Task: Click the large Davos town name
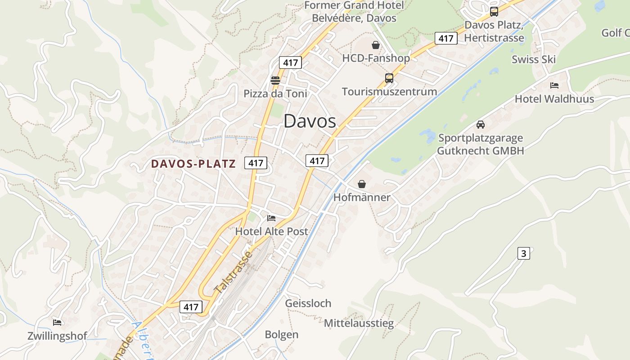pyautogui.click(x=310, y=121)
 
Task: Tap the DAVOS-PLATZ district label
pyautogui.click(x=193, y=164)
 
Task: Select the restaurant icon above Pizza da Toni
pyautogui.click(x=275, y=81)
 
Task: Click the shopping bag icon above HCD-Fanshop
pyautogui.click(x=376, y=45)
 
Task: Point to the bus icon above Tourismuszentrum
pyautogui.click(x=389, y=78)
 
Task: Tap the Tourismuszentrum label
pyautogui.click(x=389, y=92)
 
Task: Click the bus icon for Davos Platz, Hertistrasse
pyautogui.click(x=494, y=12)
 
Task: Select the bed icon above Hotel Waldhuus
pyautogui.click(x=554, y=85)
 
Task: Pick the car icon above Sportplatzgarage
pyautogui.click(x=481, y=125)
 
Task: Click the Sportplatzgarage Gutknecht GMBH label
pyautogui.click(x=481, y=144)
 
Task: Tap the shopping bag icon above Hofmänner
pyautogui.click(x=362, y=184)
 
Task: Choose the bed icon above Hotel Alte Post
pyautogui.click(x=271, y=218)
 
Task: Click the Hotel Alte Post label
pyautogui.click(x=272, y=232)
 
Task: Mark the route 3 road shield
pyautogui.click(x=523, y=253)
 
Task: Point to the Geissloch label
pyautogui.click(x=308, y=303)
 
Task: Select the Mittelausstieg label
pyautogui.click(x=359, y=323)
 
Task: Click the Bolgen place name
pyautogui.click(x=282, y=335)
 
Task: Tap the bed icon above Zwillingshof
pyautogui.click(x=57, y=323)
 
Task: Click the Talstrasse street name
pyautogui.click(x=234, y=274)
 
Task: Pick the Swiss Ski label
pyautogui.click(x=534, y=59)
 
